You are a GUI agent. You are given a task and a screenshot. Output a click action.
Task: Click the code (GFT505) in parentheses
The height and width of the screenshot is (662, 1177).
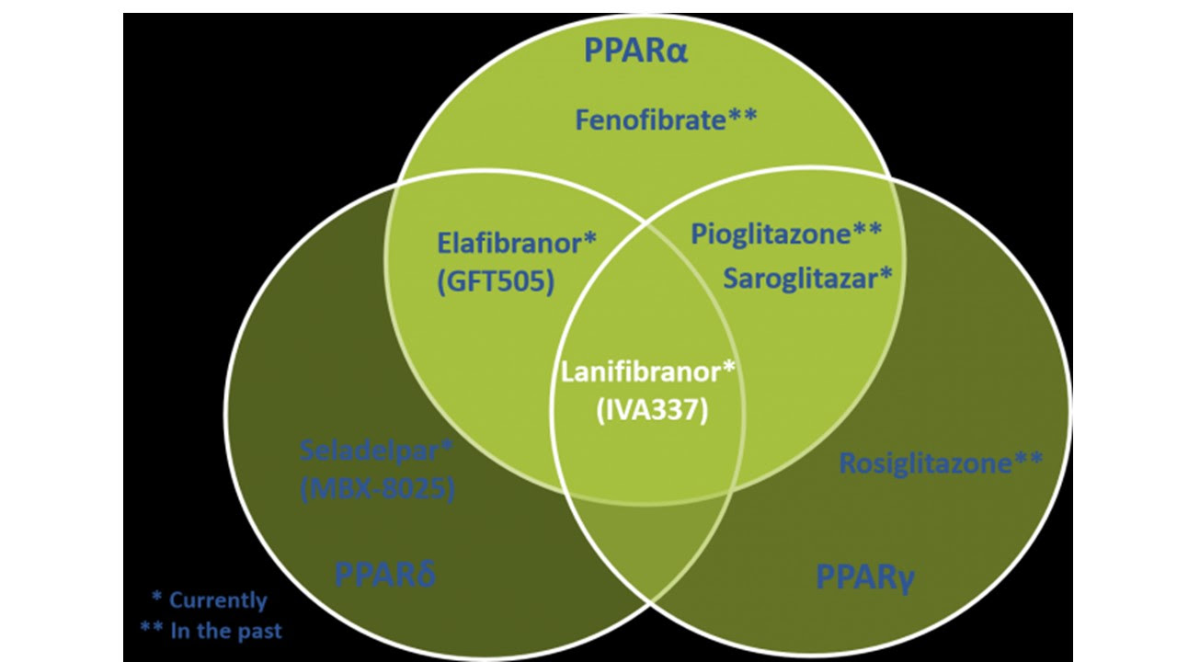497,281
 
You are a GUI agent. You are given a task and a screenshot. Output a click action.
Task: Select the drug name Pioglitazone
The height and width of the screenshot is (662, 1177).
770,234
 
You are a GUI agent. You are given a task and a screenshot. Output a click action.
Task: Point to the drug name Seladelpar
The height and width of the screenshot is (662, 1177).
371,451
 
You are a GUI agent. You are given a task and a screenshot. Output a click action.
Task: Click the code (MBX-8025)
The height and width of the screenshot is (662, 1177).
378,490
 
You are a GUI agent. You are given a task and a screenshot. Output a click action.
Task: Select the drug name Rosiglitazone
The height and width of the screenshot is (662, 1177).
925,462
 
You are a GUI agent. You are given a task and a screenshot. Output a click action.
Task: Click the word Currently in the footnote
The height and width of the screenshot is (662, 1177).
217,600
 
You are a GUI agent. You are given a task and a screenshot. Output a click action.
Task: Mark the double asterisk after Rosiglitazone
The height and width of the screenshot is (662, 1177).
1027,459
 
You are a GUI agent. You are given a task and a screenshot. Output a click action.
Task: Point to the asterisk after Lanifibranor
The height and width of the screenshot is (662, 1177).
729,370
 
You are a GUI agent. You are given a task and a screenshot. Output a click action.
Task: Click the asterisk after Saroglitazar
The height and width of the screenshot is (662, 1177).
886,274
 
